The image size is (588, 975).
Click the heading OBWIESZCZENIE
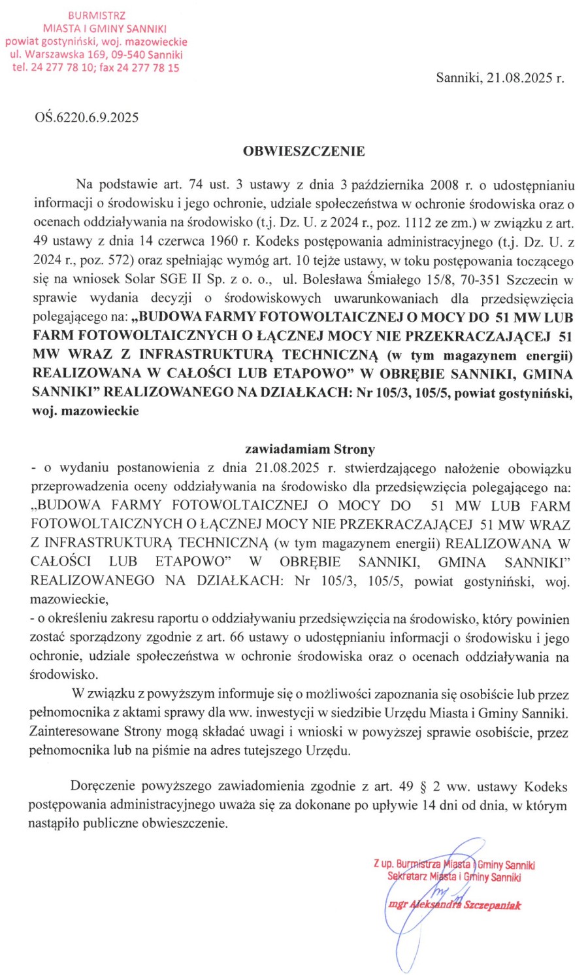coord(304,151)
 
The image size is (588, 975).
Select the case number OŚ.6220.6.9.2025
coord(87,117)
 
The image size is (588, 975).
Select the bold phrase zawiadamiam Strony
coord(310,449)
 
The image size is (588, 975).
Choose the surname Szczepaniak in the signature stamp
coord(493,905)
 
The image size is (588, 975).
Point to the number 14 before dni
coord(429,805)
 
